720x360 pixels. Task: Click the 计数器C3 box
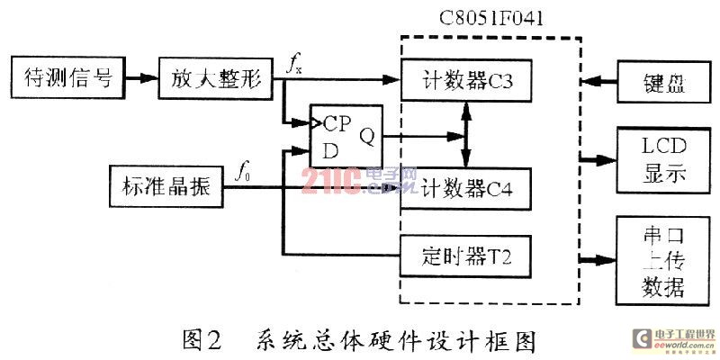(464, 82)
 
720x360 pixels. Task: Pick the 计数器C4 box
(464, 189)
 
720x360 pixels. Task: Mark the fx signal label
(295, 62)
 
